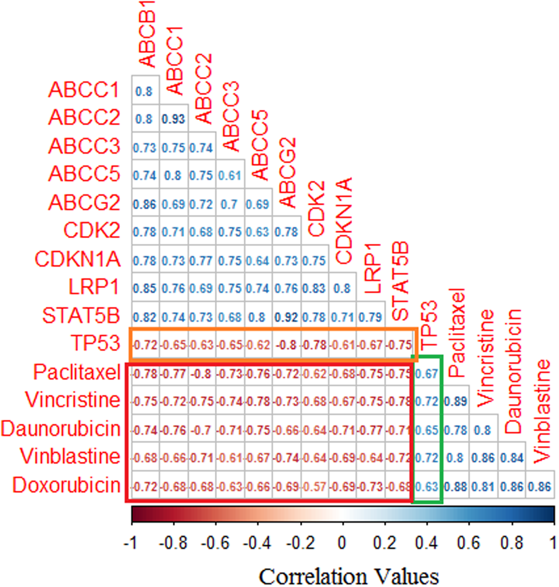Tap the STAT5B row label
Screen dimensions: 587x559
pos(81,315)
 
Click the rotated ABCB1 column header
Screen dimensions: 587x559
pos(148,34)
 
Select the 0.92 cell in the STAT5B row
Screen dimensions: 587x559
pos(287,315)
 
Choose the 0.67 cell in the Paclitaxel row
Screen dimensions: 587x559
pos(428,372)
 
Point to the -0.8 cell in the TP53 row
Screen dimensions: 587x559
pos(287,343)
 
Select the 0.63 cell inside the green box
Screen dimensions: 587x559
pos(428,485)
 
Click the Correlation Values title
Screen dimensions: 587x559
pos(343,575)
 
